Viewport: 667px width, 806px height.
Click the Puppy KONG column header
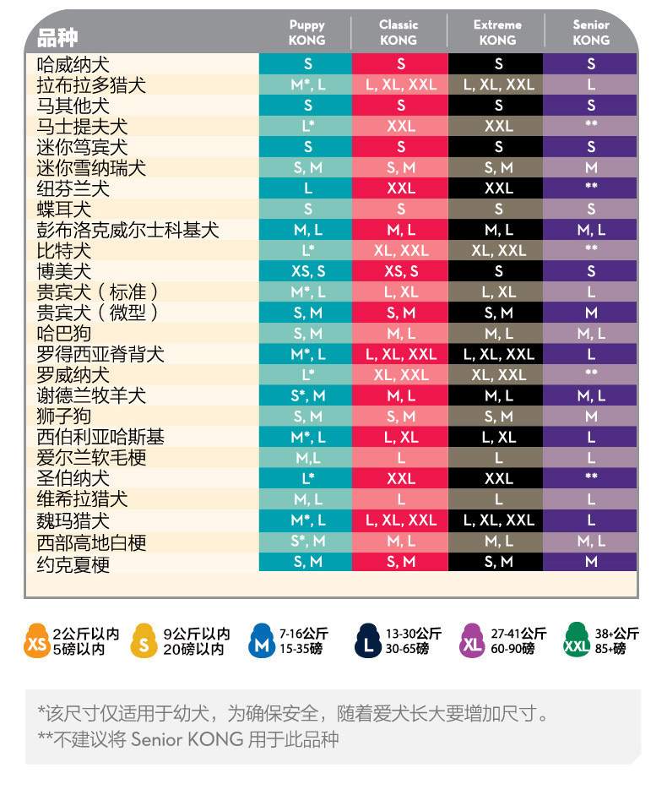point(306,32)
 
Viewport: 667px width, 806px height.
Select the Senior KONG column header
point(591,32)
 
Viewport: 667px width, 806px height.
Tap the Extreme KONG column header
point(497,32)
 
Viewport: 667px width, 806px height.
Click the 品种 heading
point(57,37)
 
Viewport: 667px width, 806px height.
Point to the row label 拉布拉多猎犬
point(91,84)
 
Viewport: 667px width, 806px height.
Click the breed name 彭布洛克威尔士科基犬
point(127,230)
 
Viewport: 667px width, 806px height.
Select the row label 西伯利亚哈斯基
point(100,437)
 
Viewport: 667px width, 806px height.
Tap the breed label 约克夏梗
point(73,564)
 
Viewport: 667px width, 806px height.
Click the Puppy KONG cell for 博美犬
point(308,271)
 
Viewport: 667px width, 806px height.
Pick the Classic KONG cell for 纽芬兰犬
point(401,188)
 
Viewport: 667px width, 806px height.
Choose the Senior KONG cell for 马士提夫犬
point(590,126)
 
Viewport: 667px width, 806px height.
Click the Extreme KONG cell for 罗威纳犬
point(498,375)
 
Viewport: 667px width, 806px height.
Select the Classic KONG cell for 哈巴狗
point(401,333)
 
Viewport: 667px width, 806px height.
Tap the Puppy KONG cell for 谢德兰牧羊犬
point(308,395)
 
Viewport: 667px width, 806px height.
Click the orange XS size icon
point(36,641)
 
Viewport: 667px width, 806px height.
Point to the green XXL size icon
point(577,640)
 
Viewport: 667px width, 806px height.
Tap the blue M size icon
point(262,641)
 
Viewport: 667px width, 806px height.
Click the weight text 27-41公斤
point(518,634)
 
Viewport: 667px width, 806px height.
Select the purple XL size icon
point(472,641)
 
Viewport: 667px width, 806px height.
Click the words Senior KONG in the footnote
point(187,739)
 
